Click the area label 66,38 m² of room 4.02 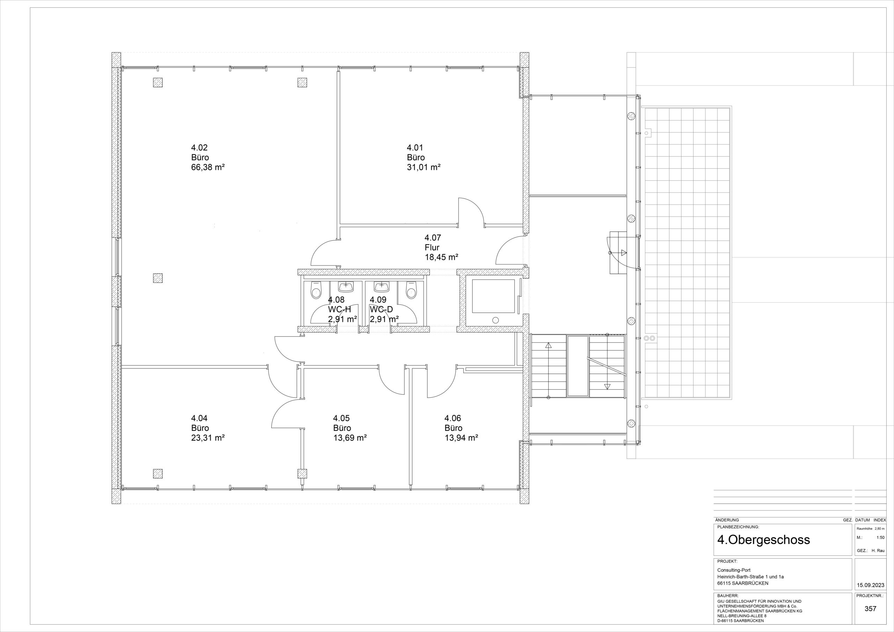[208, 168]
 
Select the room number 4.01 [415, 148]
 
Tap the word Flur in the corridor [432, 247]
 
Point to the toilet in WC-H [316, 291]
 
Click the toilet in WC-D [411, 291]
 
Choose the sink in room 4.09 [382, 287]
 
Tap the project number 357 [870, 609]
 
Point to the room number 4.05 [342, 418]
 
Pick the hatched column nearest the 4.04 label [158, 473]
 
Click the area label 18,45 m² [441, 257]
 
